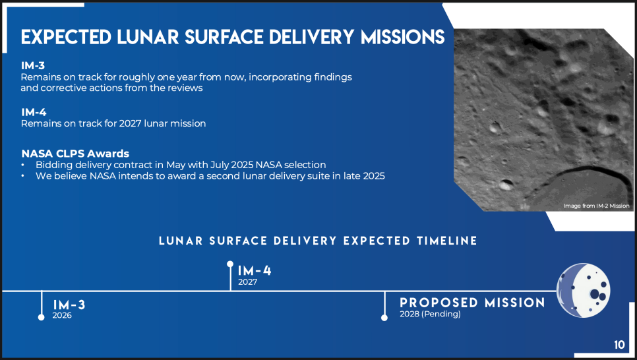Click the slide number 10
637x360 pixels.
click(619, 345)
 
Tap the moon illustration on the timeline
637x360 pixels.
click(584, 290)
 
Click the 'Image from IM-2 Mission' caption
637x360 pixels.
click(596, 206)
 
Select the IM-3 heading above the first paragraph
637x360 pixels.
click(33, 65)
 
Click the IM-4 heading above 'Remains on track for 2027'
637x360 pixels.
click(34, 112)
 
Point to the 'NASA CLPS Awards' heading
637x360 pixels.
click(75, 154)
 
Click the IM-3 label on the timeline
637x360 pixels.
click(69, 305)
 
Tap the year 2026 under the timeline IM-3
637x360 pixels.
click(62, 315)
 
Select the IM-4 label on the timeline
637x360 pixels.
click(255, 270)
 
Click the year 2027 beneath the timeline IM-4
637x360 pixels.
click(247, 282)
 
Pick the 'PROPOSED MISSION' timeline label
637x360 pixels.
click(472, 303)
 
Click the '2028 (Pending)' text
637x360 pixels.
click(430, 314)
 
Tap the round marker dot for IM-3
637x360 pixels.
click(42, 317)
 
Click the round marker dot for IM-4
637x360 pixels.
click(230, 264)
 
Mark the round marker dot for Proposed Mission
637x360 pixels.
click(384, 318)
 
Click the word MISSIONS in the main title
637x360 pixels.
click(403, 37)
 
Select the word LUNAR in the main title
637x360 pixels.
click(148, 37)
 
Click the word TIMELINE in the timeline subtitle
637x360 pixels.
click(447, 241)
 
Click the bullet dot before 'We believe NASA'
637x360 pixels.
click(22, 176)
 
